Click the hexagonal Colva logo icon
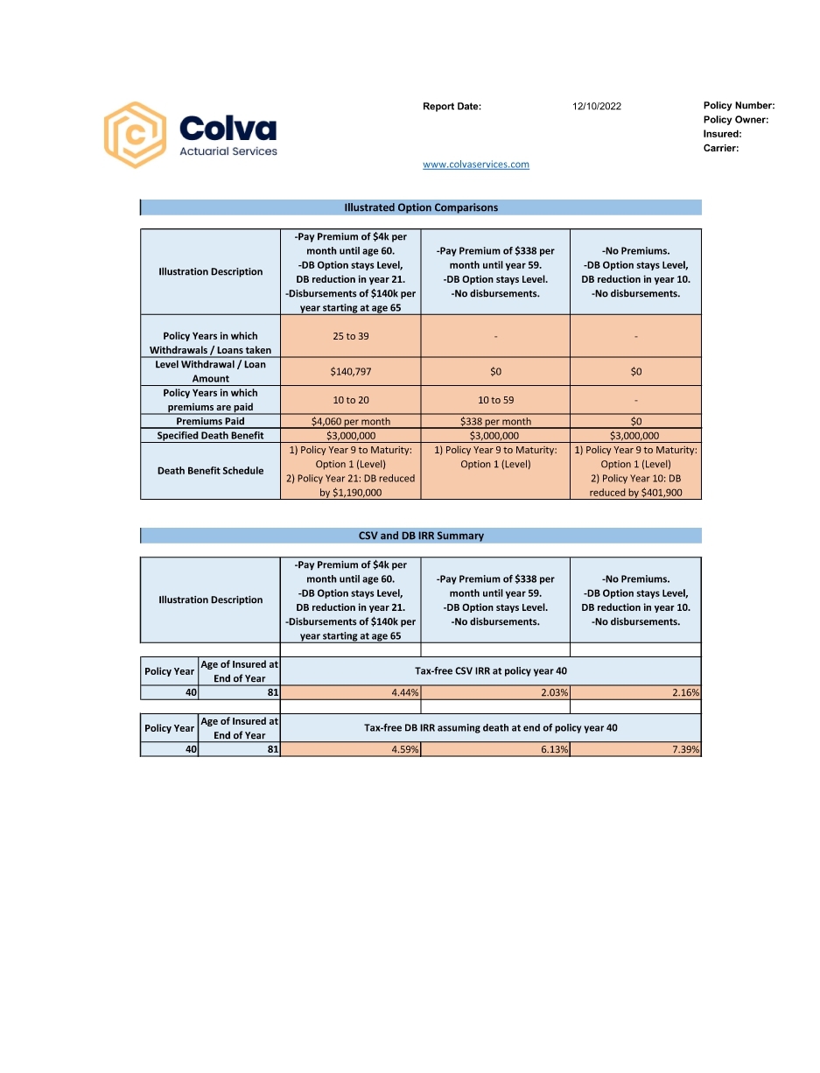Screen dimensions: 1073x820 click(135, 135)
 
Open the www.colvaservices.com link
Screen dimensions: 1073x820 click(476, 165)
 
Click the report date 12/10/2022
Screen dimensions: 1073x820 click(597, 107)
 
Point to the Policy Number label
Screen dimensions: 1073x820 click(739, 106)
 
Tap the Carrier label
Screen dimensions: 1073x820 click(721, 149)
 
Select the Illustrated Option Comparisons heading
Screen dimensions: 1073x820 click(421, 207)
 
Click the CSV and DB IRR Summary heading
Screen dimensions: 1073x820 click(421, 536)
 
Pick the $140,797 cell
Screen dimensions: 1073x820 click(351, 372)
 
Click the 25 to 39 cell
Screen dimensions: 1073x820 click(351, 336)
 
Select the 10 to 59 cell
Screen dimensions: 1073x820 click(495, 400)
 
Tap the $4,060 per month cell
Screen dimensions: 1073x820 click(351, 422)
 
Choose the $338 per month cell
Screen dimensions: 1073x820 click(495, 422)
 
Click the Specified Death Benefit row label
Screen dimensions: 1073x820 click(210, 436)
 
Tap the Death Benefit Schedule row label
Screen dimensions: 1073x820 click(210, 471)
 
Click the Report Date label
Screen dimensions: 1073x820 click(452, 107)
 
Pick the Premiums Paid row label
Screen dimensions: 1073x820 click(210, 422)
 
